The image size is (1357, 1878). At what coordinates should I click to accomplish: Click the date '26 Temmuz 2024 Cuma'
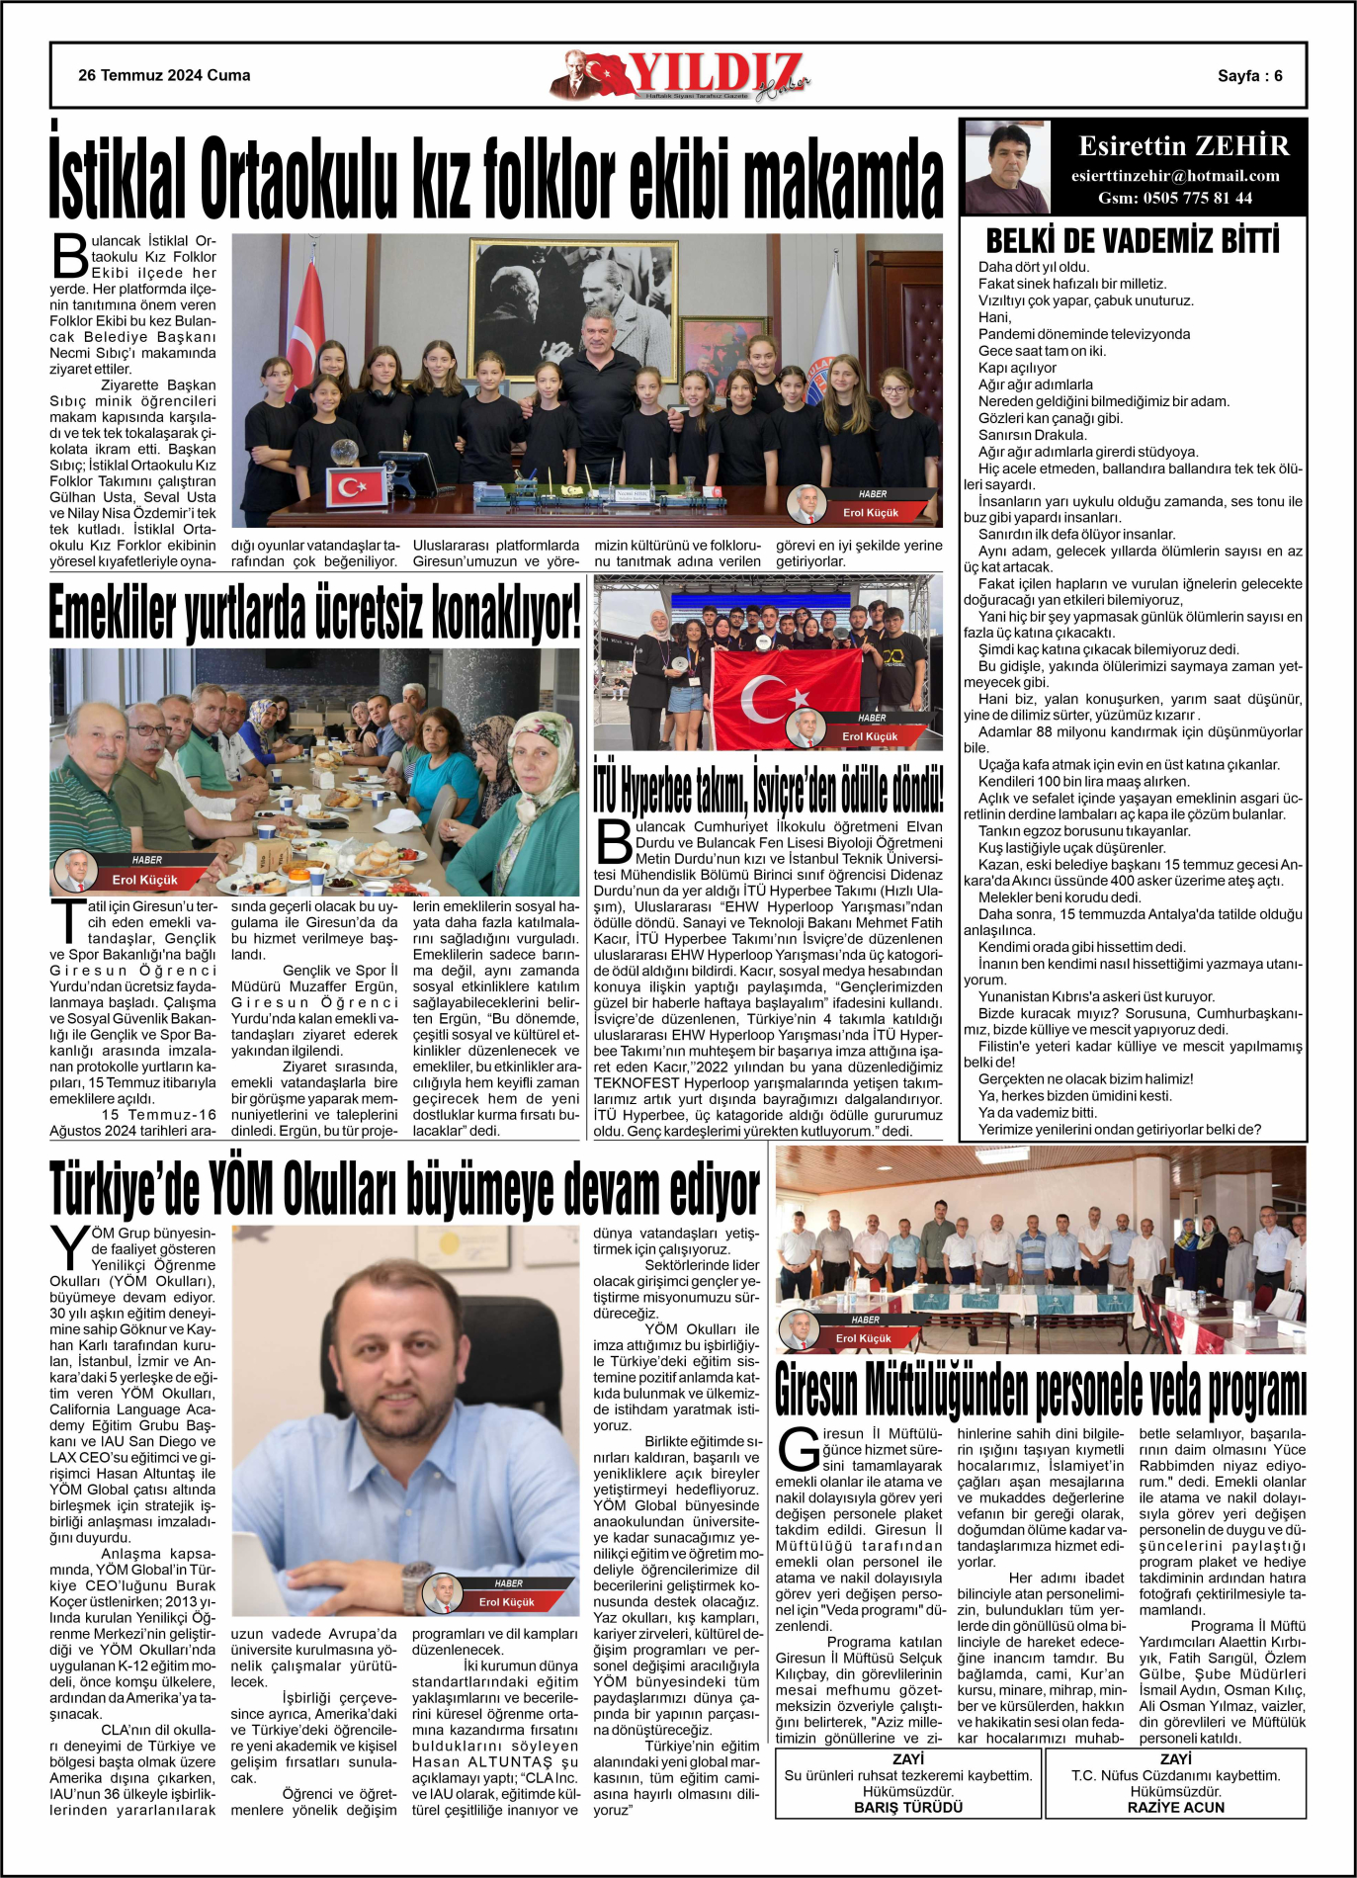click(164, 75)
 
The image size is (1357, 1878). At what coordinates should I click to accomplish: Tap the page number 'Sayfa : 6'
click(1249, 76)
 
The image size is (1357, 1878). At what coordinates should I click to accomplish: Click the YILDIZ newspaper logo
click(682, 76)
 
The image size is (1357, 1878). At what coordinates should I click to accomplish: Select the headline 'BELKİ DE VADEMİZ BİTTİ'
click(1133, 240)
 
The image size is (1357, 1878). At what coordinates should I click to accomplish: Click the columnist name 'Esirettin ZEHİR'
click(1184, 146)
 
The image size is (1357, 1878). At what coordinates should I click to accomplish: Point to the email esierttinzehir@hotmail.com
click(1175, 176)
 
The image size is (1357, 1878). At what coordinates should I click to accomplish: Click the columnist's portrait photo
click(1006, 167)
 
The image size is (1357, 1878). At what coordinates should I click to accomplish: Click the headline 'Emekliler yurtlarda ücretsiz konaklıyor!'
click(315, 613)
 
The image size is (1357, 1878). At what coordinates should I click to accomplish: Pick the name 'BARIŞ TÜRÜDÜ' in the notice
click(908, 1807)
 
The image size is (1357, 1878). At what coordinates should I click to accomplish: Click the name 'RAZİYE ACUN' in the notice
click(1175, 1807)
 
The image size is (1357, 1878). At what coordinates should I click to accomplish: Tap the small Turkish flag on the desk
click(356, 485)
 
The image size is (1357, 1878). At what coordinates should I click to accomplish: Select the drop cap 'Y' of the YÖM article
click(70, 1247)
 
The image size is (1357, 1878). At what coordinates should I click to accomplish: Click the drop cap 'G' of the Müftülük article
click(799, 1449)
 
